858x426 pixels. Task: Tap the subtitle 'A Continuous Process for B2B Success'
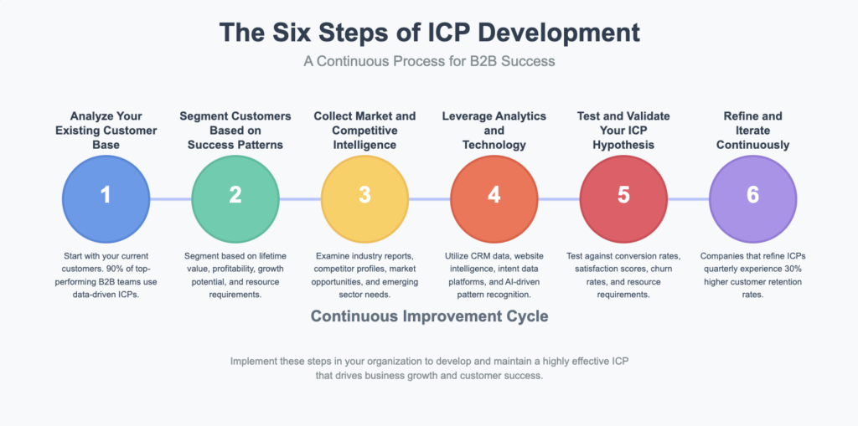pos(428,63)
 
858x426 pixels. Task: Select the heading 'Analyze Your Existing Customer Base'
pos(106,130)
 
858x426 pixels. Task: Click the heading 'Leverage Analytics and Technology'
pos(494,130)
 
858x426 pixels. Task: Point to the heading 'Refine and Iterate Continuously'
pos(752,130)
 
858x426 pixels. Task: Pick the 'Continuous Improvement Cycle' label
pos(428,316)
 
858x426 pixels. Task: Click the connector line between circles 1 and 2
pos(170,198)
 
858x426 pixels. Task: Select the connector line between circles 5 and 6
pos(688,198)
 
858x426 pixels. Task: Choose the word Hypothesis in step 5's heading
pos(623,145)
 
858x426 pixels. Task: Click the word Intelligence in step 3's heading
pos(364,145)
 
